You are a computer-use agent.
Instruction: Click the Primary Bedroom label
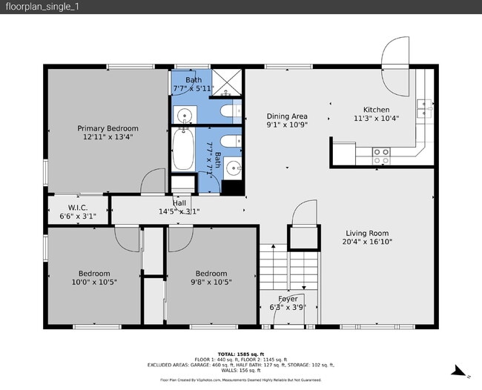(108, 128)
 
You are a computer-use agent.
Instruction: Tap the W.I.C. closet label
(78, 207)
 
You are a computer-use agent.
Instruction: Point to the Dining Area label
(287, 116)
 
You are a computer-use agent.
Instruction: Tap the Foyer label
(288, 299)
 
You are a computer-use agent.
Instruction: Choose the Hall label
(179, 202)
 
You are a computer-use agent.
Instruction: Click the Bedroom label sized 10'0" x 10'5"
(94, 274)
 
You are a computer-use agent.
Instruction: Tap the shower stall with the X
(228, 82)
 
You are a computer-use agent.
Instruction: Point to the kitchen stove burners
(381, 156)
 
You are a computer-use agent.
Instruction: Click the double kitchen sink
(423, 109)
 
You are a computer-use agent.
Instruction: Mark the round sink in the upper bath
(182, 115)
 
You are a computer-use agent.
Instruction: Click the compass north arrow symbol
(460, 370)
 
